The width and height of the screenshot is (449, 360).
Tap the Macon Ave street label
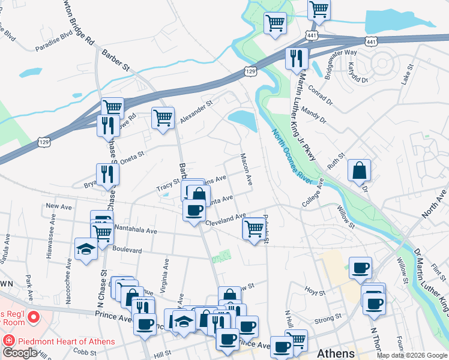(246, 170)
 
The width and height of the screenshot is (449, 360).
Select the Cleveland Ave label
(226, 220)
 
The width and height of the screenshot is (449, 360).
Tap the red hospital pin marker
(32, 316)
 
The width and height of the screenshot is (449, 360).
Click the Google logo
(20, 353)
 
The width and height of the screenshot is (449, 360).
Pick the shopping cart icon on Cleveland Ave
(254, 228)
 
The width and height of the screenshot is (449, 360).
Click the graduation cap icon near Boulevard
(86, 248)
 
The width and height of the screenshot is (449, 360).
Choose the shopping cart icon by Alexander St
(163, 118)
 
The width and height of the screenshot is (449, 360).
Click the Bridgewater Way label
(341, 61)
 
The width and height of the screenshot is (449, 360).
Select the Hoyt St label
(315, 292)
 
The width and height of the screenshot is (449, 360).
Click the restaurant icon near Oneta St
(108, 174)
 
